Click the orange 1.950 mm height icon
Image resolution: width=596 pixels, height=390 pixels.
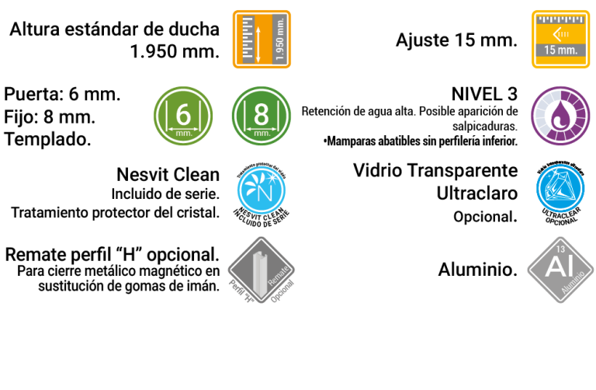click(262, 39)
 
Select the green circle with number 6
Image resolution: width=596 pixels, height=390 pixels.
click(183, 116)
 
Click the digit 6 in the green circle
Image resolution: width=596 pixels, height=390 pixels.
click(183, 114)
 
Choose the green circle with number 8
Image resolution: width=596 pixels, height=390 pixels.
click(262, 116)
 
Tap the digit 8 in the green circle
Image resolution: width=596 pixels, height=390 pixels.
click(262, 114)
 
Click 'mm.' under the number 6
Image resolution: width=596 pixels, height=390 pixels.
click(183, 133)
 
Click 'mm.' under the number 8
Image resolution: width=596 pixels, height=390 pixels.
click(262, 133)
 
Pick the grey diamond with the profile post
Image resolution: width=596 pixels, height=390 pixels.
click(261, 270)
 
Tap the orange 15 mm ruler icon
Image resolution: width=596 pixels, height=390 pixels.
click(560, 39)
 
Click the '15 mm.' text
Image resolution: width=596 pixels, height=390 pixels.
click(560, 50)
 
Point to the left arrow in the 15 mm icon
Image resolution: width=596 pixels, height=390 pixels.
click(559, 33)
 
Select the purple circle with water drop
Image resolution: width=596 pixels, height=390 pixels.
click(560, 116)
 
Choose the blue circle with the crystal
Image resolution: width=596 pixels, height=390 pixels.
click(560, 188)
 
